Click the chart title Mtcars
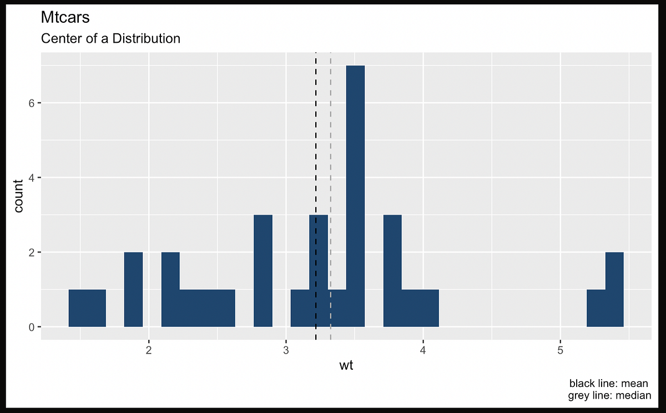point(65,18)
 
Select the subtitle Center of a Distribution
point(110,39)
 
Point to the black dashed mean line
point(316,139)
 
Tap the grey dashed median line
point(331,139)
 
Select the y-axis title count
point(19,196)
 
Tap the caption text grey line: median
point(609,396)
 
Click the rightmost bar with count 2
point(614,289)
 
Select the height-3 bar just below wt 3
point(263,271)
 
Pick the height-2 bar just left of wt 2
point(133,289)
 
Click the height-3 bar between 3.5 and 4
point(392,271)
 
